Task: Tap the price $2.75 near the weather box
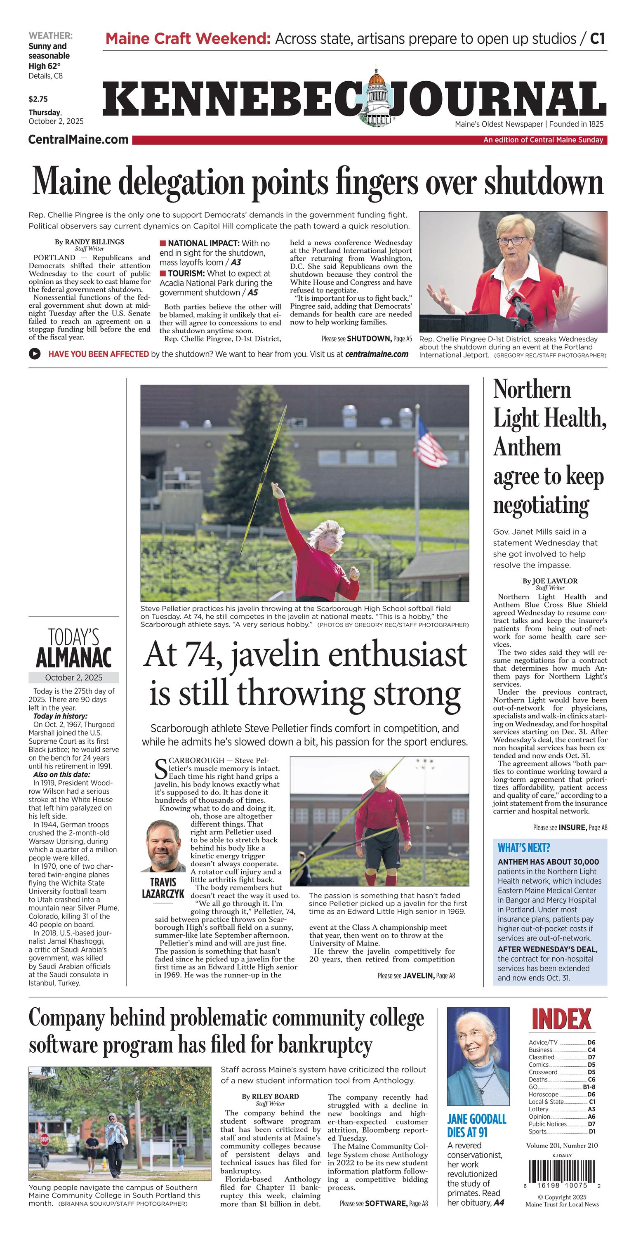pos(38,99)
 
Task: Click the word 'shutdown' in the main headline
pos(544,183)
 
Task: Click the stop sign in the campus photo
pos(45,1138)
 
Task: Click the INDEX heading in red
pos(561,1020)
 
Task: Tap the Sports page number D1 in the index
pos(591,1131)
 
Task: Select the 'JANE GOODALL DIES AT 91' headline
pos(476,1125)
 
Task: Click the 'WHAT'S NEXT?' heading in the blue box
pos(524,848)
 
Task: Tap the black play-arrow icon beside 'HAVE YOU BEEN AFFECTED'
pos(35,354)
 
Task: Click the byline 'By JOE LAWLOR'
pos(550,581)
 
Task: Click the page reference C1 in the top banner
pos(597,38)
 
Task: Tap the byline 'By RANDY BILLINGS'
pos(89,242)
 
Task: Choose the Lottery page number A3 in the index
pos(591,1109)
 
